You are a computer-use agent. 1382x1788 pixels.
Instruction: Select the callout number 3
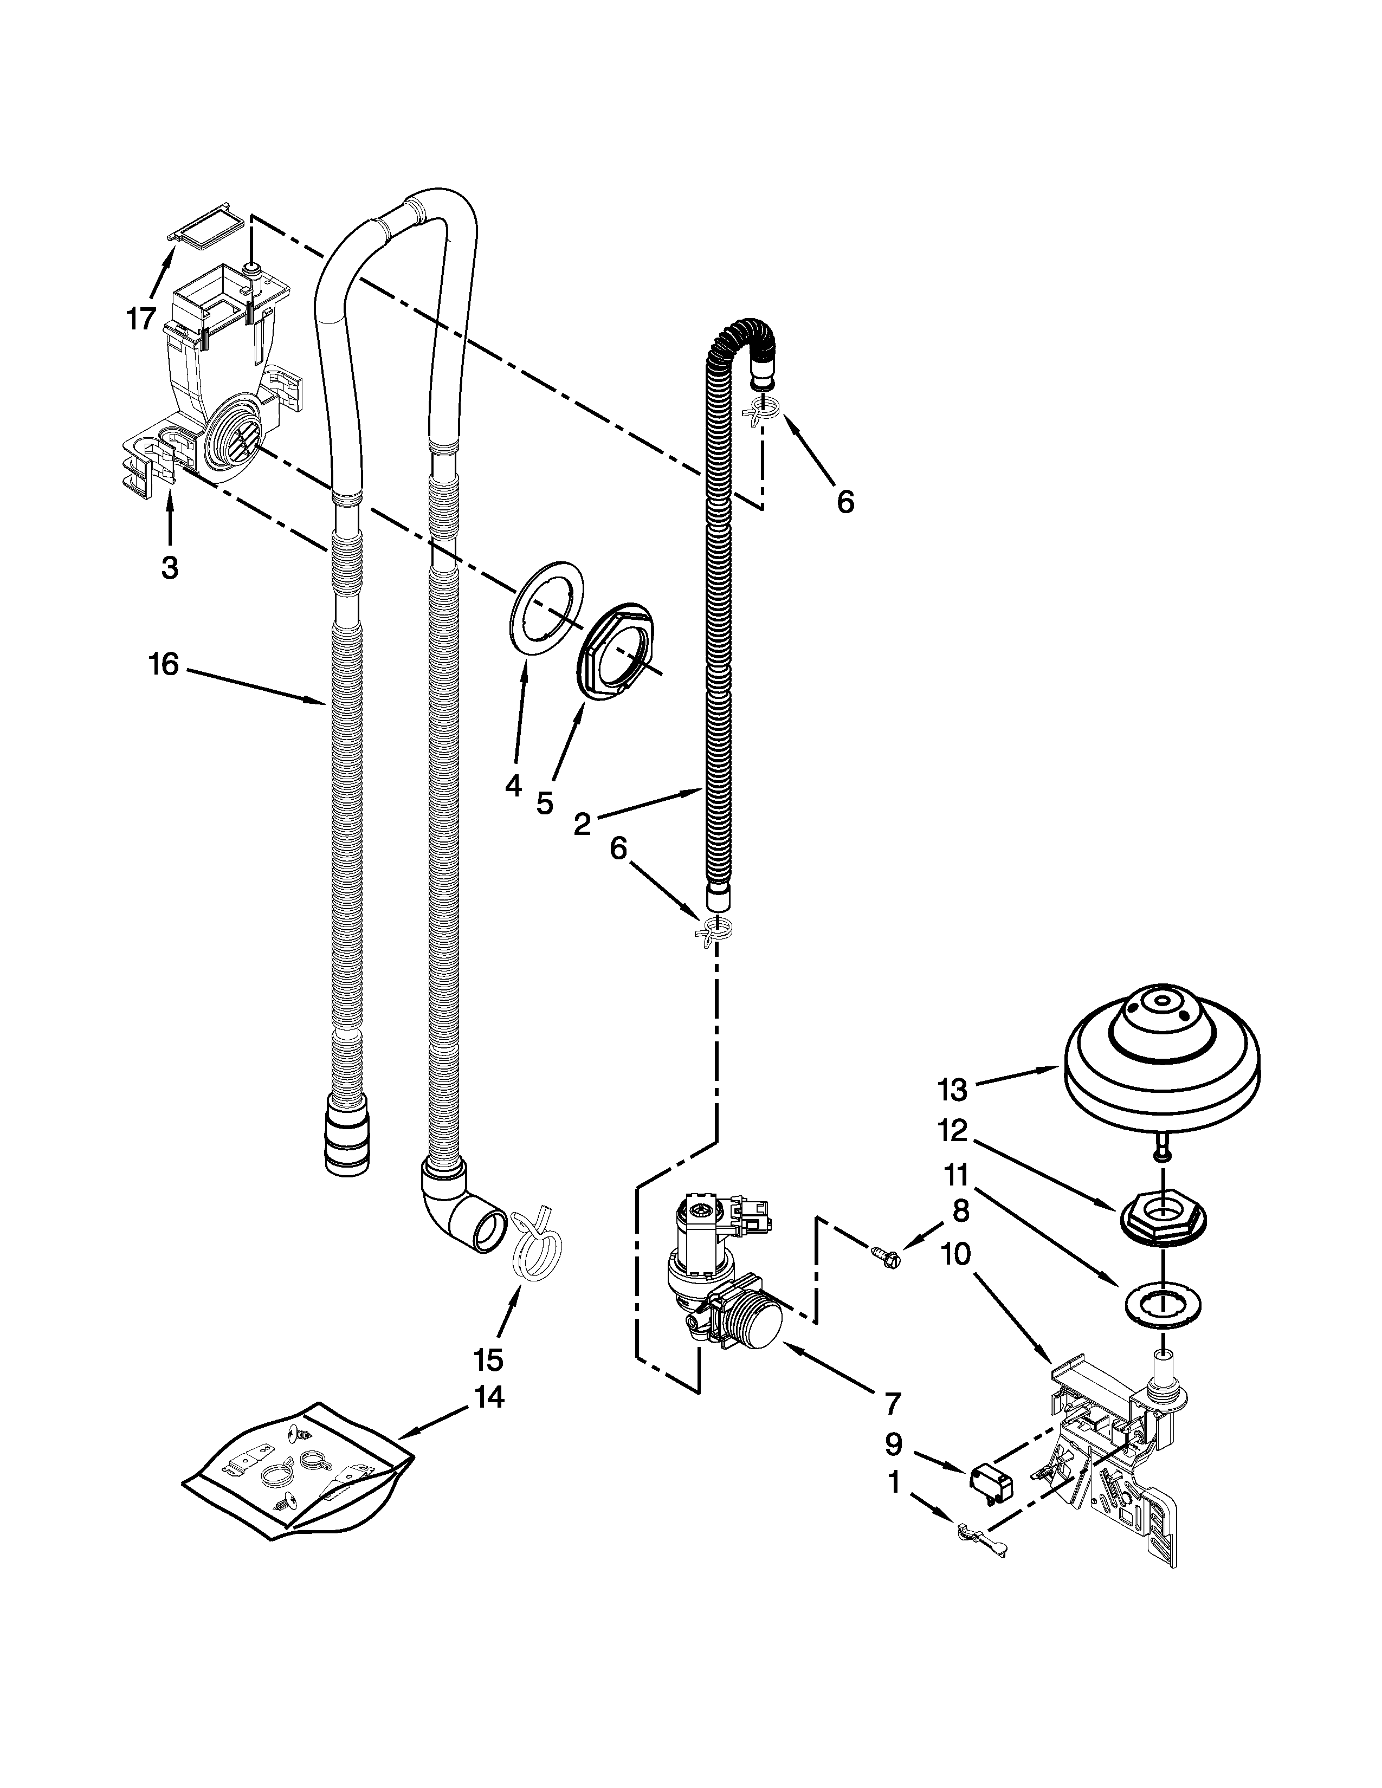[170, 567]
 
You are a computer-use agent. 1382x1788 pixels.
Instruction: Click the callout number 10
[955, 1254]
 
